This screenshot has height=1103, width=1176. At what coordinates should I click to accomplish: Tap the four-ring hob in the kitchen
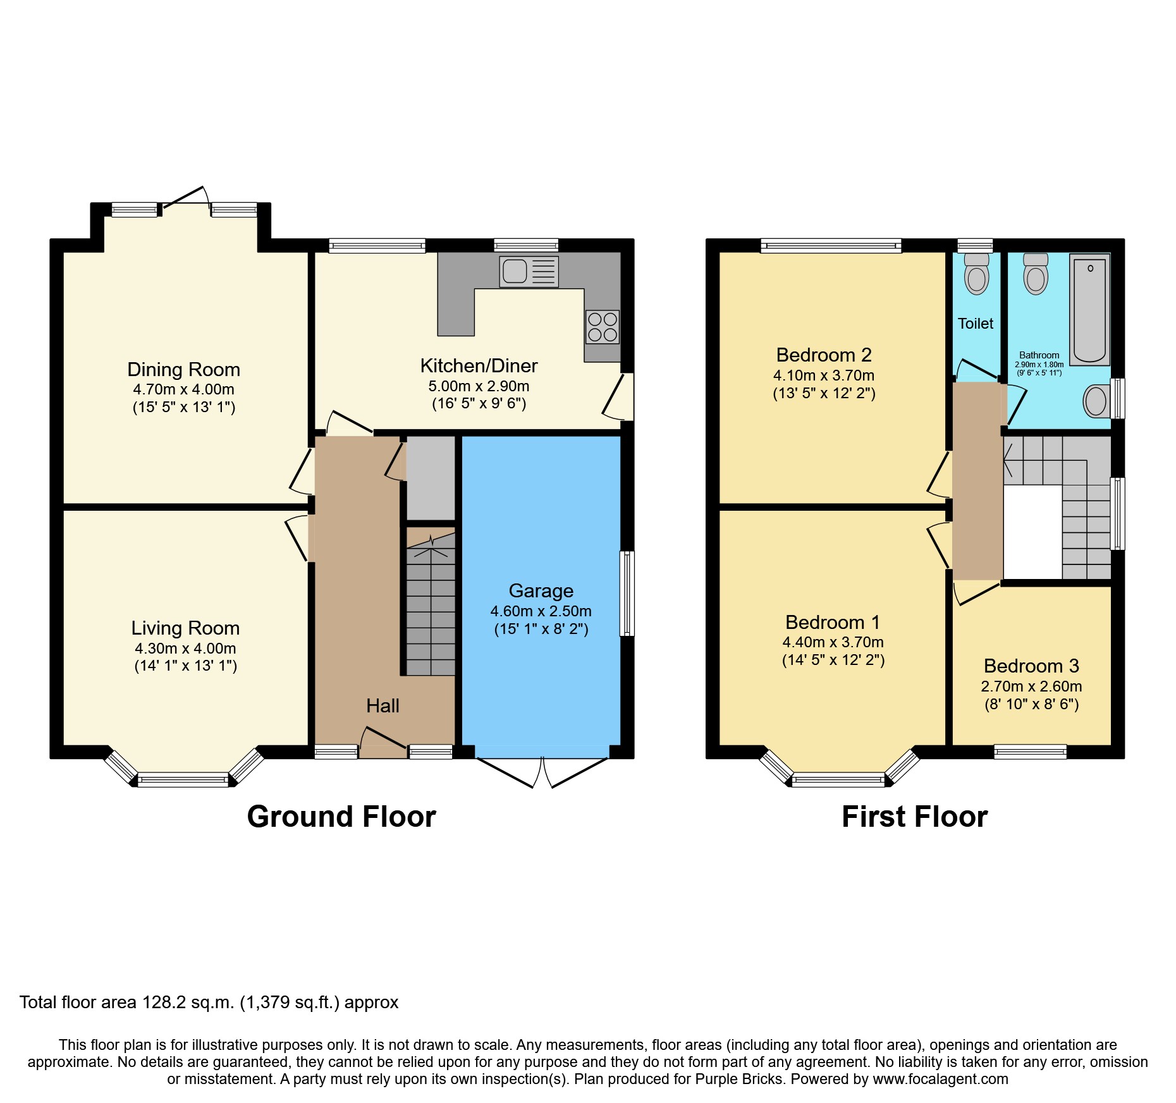(602, 327)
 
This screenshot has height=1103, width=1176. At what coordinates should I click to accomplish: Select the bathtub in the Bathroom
(1089, 309)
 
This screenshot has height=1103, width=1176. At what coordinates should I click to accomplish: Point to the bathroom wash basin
(1097, 400)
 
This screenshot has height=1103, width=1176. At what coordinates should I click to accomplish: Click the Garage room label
(541, 590)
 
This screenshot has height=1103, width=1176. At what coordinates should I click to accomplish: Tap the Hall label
(383, 705)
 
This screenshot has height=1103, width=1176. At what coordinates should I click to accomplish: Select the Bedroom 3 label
(1031, 666)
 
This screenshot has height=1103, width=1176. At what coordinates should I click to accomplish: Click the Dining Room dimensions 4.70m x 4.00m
(183, 389)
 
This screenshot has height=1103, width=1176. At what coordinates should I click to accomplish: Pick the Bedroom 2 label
(824, 355)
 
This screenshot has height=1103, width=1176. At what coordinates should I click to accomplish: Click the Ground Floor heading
(341, 816)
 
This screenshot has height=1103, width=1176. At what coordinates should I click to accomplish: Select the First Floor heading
(914, 816)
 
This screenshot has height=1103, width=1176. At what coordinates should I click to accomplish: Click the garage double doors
(542, 772)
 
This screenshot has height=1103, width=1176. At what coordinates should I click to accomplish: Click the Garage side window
(627, 593)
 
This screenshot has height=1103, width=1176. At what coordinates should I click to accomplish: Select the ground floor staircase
(430, 607)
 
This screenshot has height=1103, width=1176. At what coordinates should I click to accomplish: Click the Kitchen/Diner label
(479, 365)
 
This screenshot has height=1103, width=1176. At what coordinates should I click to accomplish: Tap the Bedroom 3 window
(1030, 752)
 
